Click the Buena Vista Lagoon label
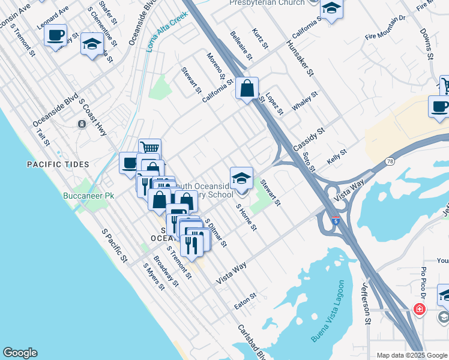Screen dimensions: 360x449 pyautogui.click(x=328, y=311)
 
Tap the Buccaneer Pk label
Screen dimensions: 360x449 pyautogui.click(x=88, y=196)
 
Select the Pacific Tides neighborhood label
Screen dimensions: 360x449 pyautogui.click(x=58, y=164)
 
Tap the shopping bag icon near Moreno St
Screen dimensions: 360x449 pyautogui.click(x=247, y=89)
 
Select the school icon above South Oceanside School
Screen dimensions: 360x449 pyautogui.click(x=241, y=178)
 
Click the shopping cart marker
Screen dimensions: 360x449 pyautogui.click(x=149, y=148)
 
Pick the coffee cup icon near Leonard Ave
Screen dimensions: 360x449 pyautogui.click(x=56, y=35)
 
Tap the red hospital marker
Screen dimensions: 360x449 pyautogui.click(x=420, y=310)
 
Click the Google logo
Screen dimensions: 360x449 pyautogui.click(x=20, y=353)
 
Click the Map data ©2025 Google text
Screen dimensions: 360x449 pyautogui.click(x=412, y=355)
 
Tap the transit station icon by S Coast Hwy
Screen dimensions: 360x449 pyautogui.click(x=82, y=124)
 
